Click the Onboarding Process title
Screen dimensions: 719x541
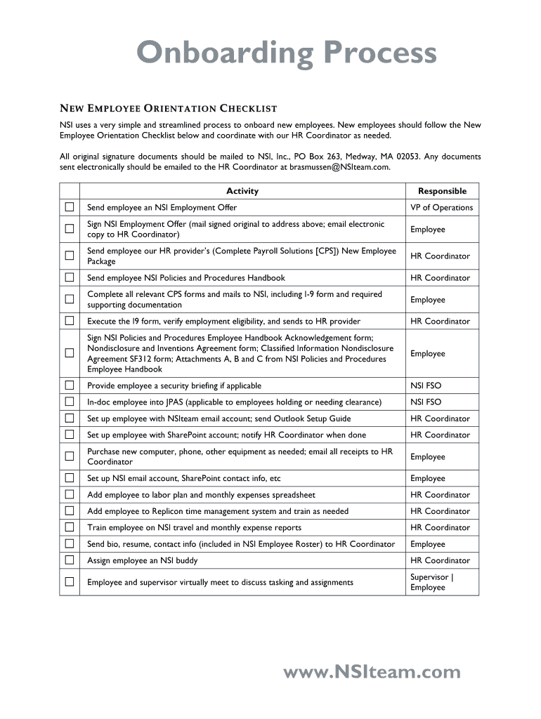(286, 53)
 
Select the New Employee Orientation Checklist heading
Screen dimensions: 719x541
(168, 108)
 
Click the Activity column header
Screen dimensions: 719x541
(242, 191)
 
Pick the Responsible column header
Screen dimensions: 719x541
(442, 191)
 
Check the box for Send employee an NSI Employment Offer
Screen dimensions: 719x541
(70, 207)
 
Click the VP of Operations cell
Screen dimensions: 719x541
(441, 208)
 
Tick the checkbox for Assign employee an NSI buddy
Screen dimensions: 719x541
(70, 560)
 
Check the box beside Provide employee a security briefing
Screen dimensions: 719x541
(70, 385)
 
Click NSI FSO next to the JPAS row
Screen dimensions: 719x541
(426, 402)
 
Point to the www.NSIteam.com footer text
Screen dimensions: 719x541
(372, 673)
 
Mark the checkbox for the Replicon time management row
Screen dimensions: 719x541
(70, 511)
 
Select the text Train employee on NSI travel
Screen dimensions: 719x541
(140, 527)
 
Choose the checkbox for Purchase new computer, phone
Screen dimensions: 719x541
(70, 456)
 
